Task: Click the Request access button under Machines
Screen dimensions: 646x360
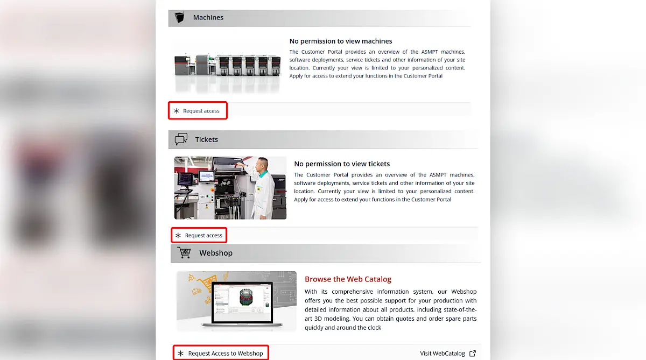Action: coord(198,111)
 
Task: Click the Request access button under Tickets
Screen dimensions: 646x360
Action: coord(199,235)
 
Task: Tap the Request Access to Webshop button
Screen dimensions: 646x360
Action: coord(221,353)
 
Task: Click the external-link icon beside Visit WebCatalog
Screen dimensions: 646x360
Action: coord(473,354)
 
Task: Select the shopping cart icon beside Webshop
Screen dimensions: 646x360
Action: coord(184,252)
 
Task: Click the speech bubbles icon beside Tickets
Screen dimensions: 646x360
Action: coord(181,139)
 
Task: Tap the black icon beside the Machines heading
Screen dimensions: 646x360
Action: coord(179,17)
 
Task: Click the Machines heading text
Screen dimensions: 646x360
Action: coord(208,17)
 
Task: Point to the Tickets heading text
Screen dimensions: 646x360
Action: coord(207,139)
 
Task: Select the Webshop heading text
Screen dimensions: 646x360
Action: coord(216,253)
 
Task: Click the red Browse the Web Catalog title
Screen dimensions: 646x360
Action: coord(348,279)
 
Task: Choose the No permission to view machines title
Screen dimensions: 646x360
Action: coord(341,41)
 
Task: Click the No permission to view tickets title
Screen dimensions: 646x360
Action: coord(342,164)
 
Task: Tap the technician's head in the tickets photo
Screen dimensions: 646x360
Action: coord(263,164)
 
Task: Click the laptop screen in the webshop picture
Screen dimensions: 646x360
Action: coord(242,302)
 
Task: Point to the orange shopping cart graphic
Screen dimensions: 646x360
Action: coord(206,283)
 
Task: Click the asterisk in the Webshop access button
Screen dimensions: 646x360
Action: coord(180,354)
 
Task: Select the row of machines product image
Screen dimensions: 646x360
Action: coord(227,65)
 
